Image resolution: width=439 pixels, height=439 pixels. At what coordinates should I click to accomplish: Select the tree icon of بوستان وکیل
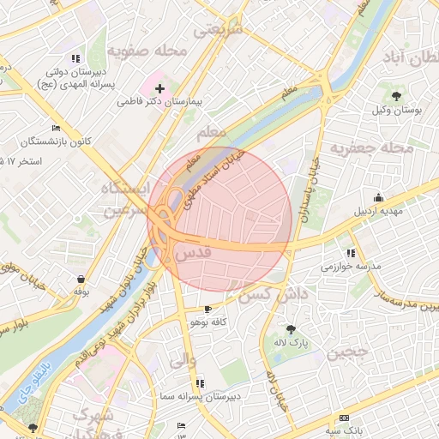coord(396,96)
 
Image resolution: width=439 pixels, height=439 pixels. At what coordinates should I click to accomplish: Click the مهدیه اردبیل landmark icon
coord(379,198)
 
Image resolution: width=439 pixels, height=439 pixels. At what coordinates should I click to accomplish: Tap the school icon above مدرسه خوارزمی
coord(351,253)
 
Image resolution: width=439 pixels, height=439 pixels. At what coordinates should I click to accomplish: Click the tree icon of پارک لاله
coord(291,329)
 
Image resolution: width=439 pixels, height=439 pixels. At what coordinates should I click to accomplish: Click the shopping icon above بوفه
coord(81,279)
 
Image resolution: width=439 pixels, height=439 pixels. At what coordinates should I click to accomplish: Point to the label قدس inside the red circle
coord(192,254)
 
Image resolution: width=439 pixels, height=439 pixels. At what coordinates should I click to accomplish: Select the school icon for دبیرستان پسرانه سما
coord(200,383)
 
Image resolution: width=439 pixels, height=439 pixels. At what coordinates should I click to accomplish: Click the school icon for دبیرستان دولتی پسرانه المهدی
coord(76,58)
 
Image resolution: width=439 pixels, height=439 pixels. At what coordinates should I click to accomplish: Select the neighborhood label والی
coord(183,361)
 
